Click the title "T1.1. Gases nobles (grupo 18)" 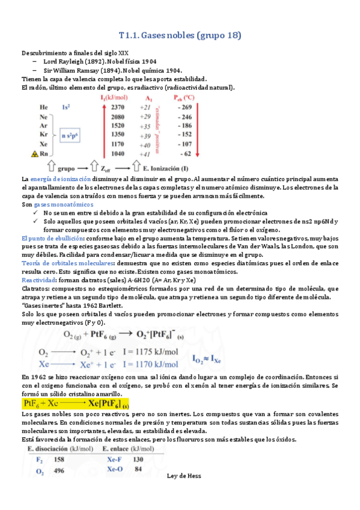pyautogui.click(x=180, y=35)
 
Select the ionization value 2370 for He pyautogui.click(x=118, y=106)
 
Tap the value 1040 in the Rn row pyautogui.click(x=118, y=154)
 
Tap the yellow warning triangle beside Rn pyautogui.click(x=26, y=154)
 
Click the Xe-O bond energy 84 pyautogui.click(x=138, y=469)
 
